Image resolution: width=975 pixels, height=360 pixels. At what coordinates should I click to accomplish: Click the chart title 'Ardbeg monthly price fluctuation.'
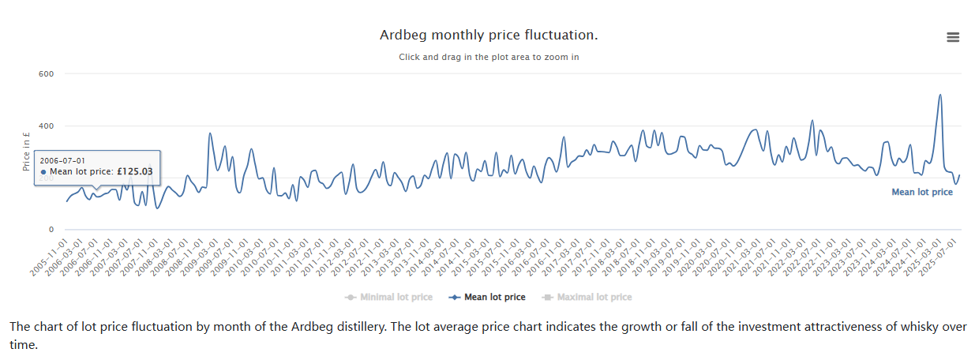pos(489,35)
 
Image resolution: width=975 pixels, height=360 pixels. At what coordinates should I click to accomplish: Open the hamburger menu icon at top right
pos(953,37)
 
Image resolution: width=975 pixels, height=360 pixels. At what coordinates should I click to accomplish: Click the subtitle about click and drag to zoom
pos(489,57)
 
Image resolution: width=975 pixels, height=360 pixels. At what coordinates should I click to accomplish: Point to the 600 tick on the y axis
pos(47,73)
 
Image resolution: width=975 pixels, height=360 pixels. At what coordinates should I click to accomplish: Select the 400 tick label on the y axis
pos(47,126)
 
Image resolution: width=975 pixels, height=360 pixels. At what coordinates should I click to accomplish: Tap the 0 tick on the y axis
pos(51,230)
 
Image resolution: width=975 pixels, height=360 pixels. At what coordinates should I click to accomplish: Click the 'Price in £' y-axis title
pos(26,152)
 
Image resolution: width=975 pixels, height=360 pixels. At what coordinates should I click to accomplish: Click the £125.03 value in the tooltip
pos(134,171)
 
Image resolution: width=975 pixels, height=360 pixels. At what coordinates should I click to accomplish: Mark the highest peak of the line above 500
pos(939,95)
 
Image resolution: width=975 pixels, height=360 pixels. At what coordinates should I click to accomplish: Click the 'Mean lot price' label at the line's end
pos(921,192)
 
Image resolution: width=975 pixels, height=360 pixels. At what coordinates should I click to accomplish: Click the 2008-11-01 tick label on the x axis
pos(184,257)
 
